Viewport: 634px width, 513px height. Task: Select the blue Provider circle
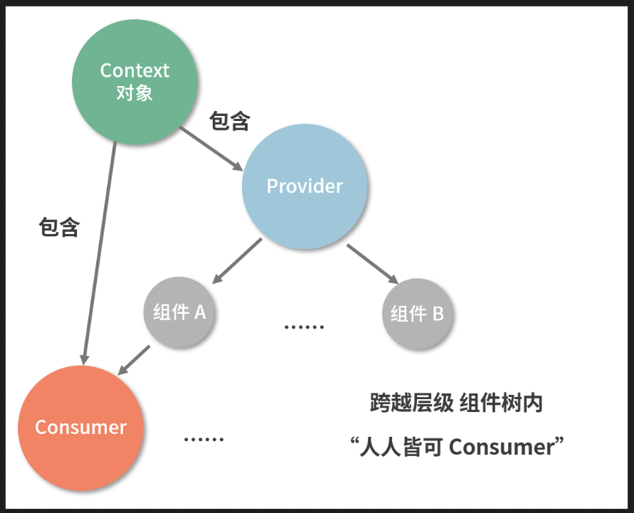(305, 186)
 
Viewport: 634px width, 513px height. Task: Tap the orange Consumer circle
(80, 427)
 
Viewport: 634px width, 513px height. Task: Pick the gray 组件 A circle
(179, 312)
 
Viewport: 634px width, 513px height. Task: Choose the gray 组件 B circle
(418, 314)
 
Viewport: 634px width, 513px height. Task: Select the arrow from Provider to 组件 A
(238, 260)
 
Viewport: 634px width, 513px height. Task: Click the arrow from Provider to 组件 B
(373, 263)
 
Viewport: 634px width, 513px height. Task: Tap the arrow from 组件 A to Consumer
(134, 360)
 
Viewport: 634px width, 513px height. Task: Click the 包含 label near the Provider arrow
(229, 122)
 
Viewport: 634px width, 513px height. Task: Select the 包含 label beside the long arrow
(58, 228)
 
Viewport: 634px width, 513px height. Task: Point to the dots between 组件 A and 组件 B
(304, 327)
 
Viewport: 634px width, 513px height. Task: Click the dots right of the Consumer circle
(204, 439)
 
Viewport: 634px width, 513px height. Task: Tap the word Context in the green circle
(134, 70)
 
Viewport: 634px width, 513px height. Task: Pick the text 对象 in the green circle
(134, 92)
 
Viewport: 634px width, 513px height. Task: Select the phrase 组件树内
(501, 403)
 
